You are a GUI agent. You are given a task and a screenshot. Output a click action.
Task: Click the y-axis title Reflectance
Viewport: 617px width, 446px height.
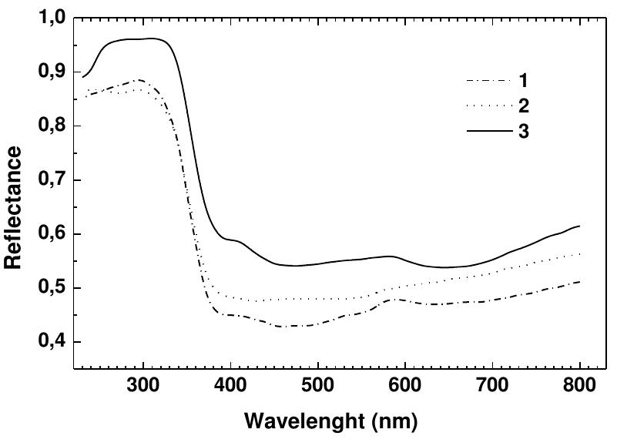(13, 208)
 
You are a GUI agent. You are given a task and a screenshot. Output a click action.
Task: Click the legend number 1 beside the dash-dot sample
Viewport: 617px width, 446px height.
(524, 81)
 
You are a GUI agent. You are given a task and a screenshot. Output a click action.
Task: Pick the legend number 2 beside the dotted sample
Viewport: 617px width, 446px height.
(524, 106)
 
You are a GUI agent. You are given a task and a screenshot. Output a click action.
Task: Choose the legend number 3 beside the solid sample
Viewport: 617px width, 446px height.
(524, 132)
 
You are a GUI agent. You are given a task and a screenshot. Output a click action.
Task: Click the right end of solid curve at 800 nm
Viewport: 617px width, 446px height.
(578, 226)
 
